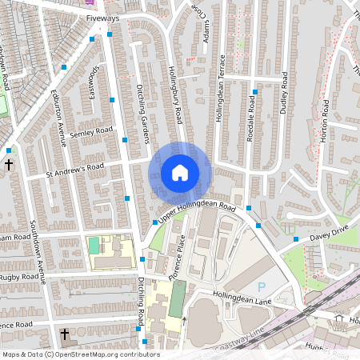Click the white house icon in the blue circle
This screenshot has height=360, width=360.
click(x=180, y=172)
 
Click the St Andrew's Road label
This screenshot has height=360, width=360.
click(x=74, y=169)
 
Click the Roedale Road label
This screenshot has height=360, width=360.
click(x=251, y=121)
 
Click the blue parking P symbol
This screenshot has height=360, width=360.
click(x=261, y=286)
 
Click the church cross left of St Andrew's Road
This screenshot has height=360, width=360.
click(x=9, y=165)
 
